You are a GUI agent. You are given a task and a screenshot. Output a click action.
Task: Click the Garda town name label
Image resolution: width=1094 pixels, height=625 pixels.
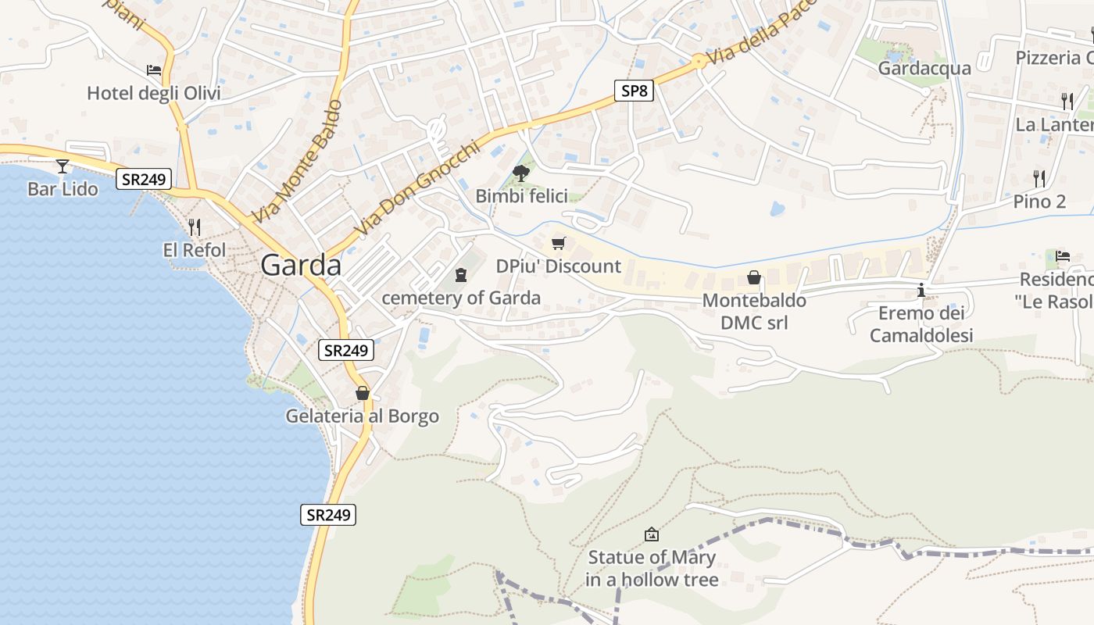pos(301,266)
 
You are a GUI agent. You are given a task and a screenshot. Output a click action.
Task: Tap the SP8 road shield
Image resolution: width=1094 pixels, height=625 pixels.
pos(633,91)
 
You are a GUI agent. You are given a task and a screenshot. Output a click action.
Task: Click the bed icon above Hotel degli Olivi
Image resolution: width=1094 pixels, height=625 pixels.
pos(154,70)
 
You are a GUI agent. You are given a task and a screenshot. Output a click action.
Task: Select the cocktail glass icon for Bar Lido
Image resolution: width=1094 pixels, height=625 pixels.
pos(63,166)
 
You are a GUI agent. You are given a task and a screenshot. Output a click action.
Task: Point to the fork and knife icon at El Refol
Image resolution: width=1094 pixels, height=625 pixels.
pos(195,227)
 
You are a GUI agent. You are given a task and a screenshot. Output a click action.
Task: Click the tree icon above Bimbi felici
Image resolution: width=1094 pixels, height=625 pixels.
pos(521,173)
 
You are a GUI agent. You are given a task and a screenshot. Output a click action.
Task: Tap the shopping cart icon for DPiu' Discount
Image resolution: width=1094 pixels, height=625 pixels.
pos(558,243)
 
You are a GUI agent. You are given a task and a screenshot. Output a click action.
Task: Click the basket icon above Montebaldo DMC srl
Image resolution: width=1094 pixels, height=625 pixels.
pos(754,277)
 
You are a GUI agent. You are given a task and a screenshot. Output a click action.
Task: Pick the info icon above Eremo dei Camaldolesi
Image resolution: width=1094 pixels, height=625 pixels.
pos(921,291)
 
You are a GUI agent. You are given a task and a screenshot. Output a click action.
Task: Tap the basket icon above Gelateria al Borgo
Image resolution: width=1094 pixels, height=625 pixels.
pos(362,393)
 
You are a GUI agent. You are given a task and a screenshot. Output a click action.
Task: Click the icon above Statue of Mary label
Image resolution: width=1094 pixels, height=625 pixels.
pos(651,534)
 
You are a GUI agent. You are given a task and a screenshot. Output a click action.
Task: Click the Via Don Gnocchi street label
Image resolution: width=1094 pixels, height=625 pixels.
pos(416,189)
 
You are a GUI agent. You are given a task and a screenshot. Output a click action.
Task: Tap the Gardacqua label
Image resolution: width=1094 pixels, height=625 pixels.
pos(924,68)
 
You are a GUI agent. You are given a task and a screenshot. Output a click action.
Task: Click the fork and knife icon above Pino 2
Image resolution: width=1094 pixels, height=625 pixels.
pos(1039,179)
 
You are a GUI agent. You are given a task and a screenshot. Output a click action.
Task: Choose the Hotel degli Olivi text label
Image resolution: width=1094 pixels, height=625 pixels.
pos(154,94)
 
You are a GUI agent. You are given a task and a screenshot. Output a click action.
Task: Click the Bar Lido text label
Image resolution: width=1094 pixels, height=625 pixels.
pos(63,189)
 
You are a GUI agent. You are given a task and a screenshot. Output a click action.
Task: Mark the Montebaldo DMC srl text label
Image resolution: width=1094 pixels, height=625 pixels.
pos(754,311)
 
